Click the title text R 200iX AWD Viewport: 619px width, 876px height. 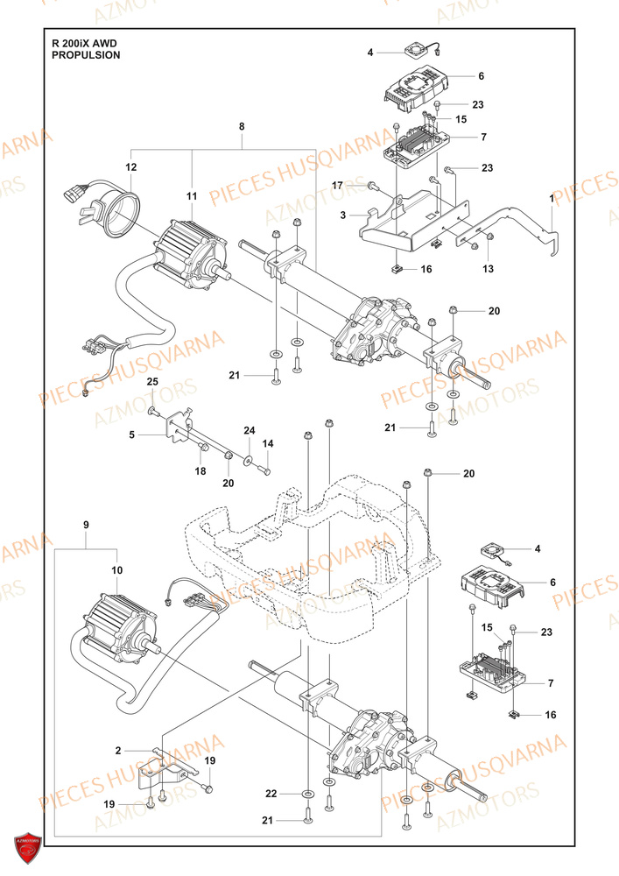coord(84,42)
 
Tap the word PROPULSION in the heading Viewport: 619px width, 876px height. coord(86,54)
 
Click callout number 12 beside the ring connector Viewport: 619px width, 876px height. coord(130,166)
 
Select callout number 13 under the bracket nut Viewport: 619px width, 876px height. coord(489,268)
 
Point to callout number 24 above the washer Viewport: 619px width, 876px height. coord(249,430)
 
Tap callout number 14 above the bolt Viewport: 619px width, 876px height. coord(269,444)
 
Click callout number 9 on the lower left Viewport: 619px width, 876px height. coord(86,524)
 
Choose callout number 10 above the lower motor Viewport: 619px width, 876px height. coord(116,570)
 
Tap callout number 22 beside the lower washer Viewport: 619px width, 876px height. coord(271,793)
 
